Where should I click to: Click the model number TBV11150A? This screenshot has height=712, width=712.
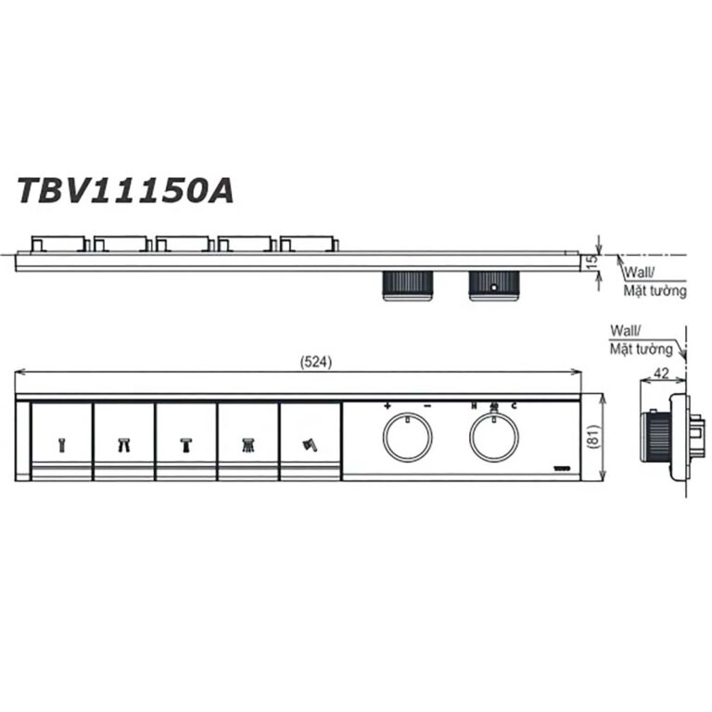pyautogui.click(x=125, y=189)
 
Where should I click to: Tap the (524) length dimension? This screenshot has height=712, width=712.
pyautogui.click(x=316, y=362)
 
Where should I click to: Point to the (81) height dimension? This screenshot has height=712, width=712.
pyautogui.click(x=594, y=438)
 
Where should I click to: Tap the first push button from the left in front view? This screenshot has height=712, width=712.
pyautogui.click(x=62, y=441)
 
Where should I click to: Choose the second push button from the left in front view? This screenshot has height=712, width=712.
pyautogui.click(x=124, y=441)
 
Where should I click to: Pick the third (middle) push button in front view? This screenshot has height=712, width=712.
pyautogui.click(x=186, y=441)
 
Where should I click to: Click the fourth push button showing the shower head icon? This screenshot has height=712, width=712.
pyautogui.click(x=248, y=441)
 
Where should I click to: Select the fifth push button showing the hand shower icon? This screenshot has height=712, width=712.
pyautogui.click(x=310, y=441)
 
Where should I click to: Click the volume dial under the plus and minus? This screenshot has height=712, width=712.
pyautogui.click(x=407, y=438)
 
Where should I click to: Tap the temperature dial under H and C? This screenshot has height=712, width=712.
pyautogui.click(x=493, y=438)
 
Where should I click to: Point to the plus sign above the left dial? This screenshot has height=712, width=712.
pyautogui.click(x=387, y=406)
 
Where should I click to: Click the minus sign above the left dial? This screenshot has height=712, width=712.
pyautogui.click(x=427, y=406)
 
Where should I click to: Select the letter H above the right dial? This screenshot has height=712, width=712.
pyautogui.click(x=474, y=406)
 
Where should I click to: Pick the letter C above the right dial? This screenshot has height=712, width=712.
pyautogui.click(x=514, y=406)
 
